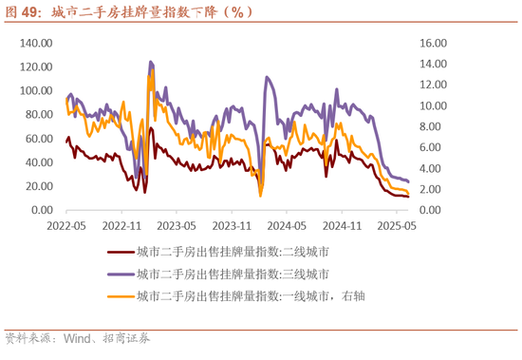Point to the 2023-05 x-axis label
tap(177, 227)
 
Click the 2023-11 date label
tap(233, 227)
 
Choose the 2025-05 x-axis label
tap(398, 227)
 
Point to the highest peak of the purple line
tap(150, 62)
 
